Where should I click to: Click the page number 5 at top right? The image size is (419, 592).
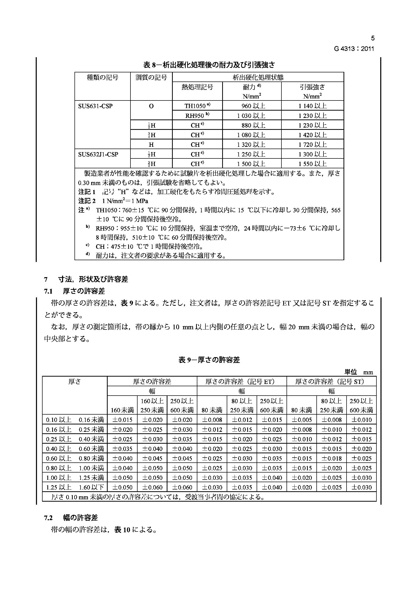(x=372, y=38)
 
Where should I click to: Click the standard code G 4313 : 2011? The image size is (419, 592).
(x=354, y=49)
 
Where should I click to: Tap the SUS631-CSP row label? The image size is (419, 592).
(x=96, y=106)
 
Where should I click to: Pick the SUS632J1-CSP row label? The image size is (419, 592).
(x=98, y=154)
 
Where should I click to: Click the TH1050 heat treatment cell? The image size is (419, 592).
(x=197, y=106)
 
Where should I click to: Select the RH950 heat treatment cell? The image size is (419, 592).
(x=197, y=115)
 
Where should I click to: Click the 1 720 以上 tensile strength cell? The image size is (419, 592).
(x=312, y=144)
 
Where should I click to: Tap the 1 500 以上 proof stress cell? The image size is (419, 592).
(x=251, y=164)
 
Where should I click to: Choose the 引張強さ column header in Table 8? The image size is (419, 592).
(x=312, y=87)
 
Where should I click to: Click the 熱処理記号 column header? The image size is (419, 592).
(x=197, y=87)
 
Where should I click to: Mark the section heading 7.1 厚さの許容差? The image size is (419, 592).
(x=74, y=291)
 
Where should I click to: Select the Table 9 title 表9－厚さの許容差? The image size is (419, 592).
(x=209, y=360)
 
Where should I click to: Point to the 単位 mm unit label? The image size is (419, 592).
(x=359, y=372)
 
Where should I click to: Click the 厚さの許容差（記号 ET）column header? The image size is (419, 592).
(x=241, y=381)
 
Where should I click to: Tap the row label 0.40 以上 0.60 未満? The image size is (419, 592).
(x=75, y=449)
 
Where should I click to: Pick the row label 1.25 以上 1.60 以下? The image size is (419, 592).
(x=75, y=487)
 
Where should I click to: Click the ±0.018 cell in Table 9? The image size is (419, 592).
(x=331, y=458)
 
